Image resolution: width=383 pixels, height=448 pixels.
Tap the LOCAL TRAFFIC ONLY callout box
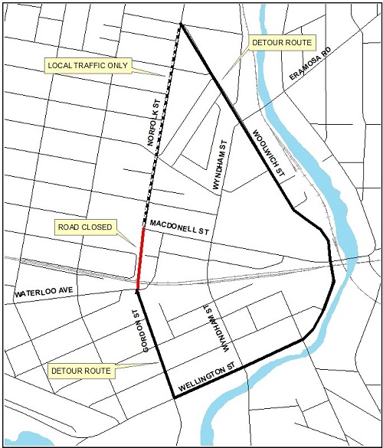(x=88, y=65)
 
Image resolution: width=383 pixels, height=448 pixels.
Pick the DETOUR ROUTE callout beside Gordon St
(x=80, y=371)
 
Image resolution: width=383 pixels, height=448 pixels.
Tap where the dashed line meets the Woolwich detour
(x=181, y=25)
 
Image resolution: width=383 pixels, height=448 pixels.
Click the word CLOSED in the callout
(x=99, y=227)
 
